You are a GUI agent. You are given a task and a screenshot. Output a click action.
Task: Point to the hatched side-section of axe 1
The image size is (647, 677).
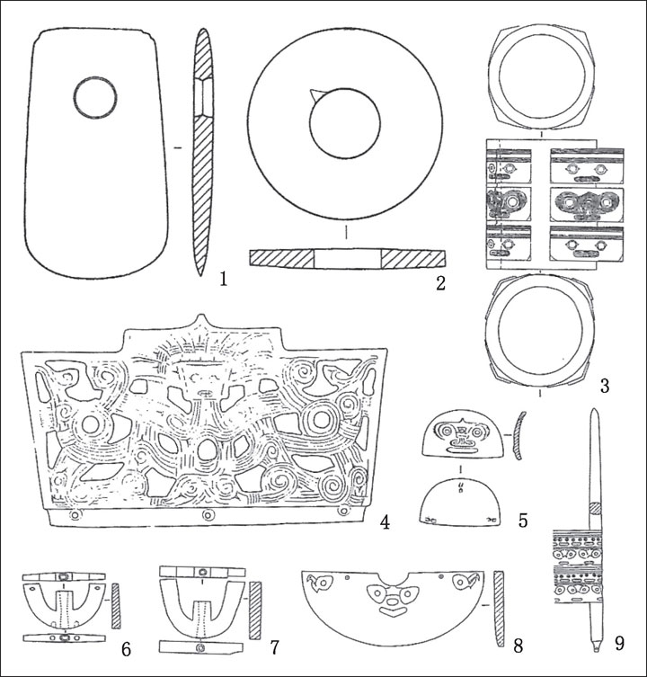(202, 153)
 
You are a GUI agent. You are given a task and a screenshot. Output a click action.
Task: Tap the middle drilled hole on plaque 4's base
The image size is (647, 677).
(208, 515)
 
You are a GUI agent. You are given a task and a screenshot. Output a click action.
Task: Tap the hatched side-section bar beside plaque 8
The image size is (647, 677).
(499, 608)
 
